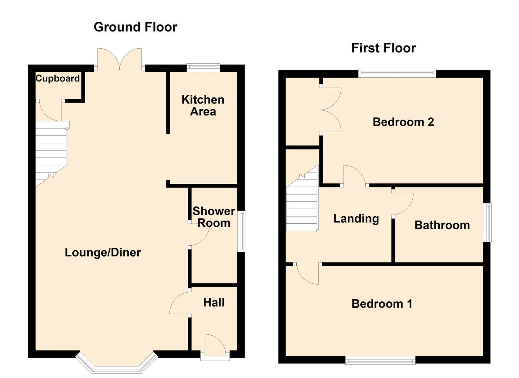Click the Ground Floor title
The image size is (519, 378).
click(x=135, y=27)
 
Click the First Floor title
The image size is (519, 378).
click(x=383, y=48)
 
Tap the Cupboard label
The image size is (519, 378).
click(x=58, y=78)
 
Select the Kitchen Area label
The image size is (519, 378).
click(x=203, y=105)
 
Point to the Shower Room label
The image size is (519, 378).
click(x=214, y=217)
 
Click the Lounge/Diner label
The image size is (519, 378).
click(x=103, y=252)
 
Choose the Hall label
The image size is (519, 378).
click(x=214, y=302)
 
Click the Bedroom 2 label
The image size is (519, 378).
click(x=403, y=122)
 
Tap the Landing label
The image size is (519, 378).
click(x=356, y=218)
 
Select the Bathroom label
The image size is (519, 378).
click(x=442, y=225)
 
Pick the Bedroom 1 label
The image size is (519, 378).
click(x=382, y=303)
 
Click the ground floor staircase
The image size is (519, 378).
click(x=51, y=152)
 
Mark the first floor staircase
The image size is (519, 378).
click(x=303, y=203)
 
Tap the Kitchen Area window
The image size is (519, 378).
click(x=203, y=68)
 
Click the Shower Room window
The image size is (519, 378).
click(x=242, y=231)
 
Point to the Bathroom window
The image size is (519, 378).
click(x=487, y=222)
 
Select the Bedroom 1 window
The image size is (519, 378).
click(x=380, y=360)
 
